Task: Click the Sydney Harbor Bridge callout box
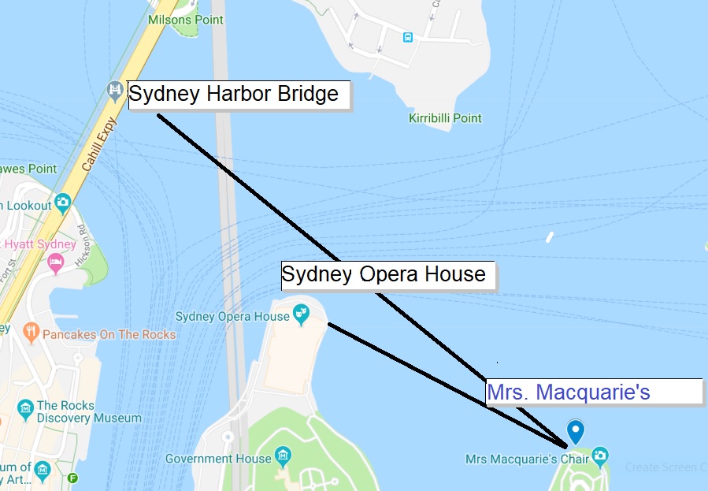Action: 239,95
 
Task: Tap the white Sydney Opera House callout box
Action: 387,275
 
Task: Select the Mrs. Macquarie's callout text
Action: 569,392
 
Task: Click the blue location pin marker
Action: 576,432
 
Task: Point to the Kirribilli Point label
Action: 445,118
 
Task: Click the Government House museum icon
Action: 284,456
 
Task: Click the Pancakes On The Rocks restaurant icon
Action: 31,333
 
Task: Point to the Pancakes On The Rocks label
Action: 109,334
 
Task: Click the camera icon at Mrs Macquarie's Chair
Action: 600,456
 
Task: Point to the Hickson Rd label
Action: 82,244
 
